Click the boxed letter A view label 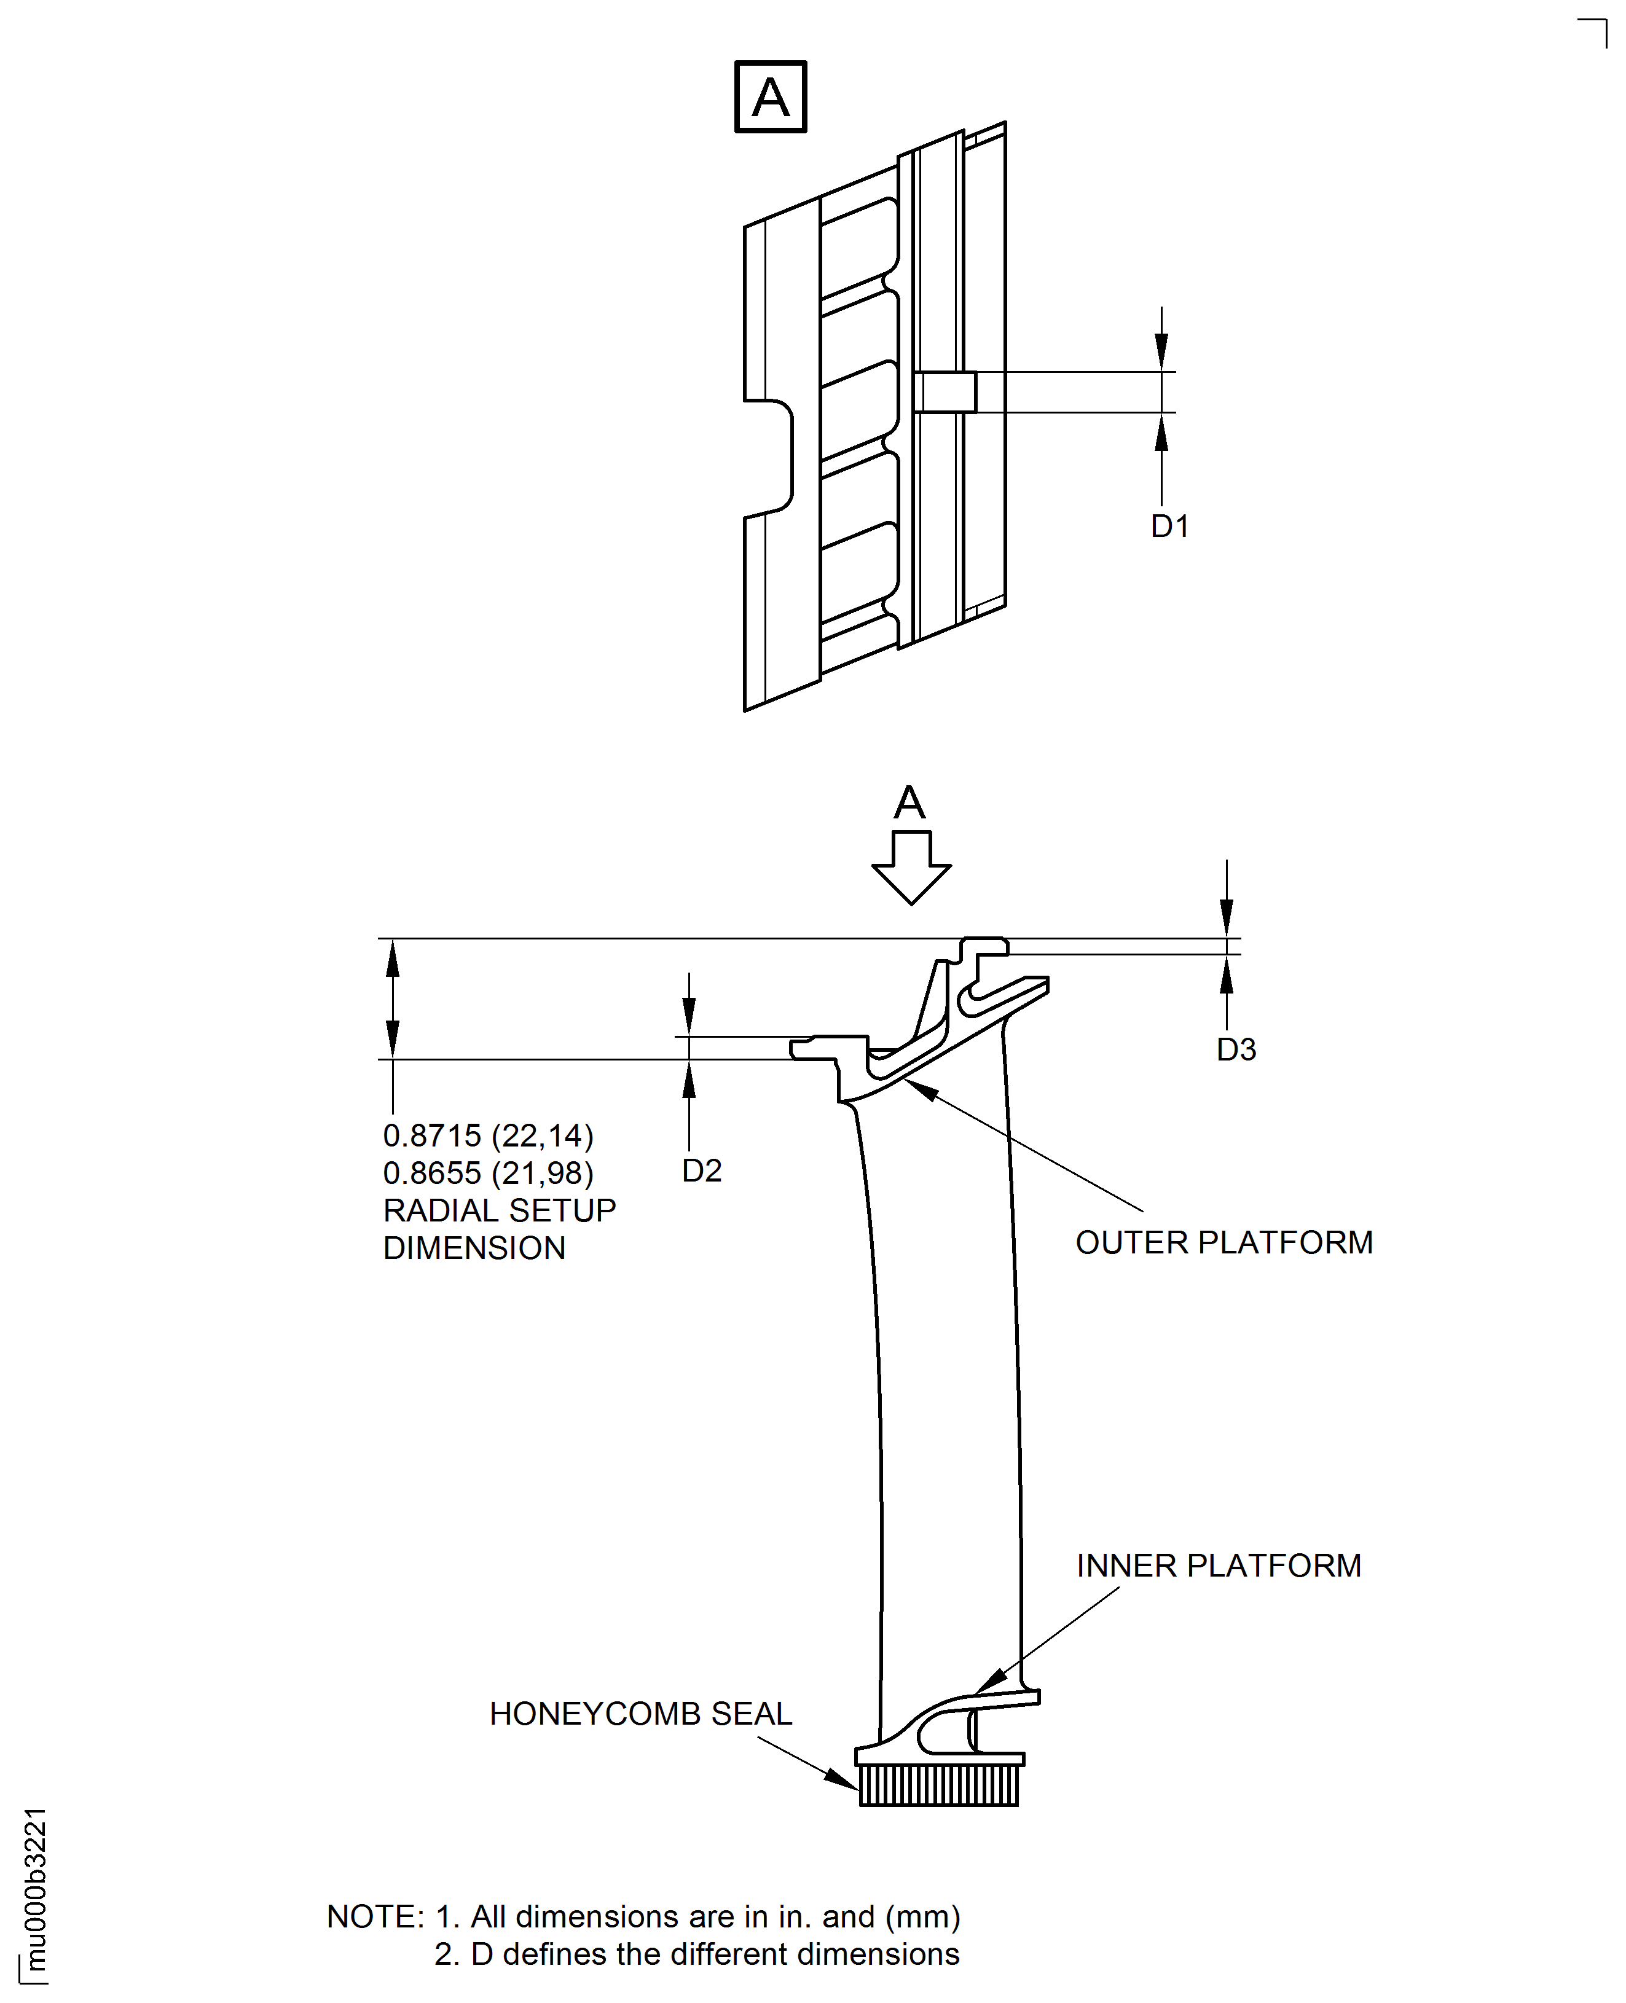coord(770,96)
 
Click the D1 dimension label coord(1170,527)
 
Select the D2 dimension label coord(702,1170)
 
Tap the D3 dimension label coord(1236,1049)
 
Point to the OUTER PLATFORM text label coord(1224,1242)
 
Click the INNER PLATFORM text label coord(1219,1566)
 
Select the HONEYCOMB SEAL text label coord(641,1714)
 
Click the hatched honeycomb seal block coord(938,1785)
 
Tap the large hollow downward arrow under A coord(911,868)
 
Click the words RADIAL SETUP coord(499,1211)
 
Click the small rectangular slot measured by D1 coord(944,393)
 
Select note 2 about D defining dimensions coord(697,1954)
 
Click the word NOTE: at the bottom coord(375,1917)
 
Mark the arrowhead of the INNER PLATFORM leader coord(991,1681)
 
